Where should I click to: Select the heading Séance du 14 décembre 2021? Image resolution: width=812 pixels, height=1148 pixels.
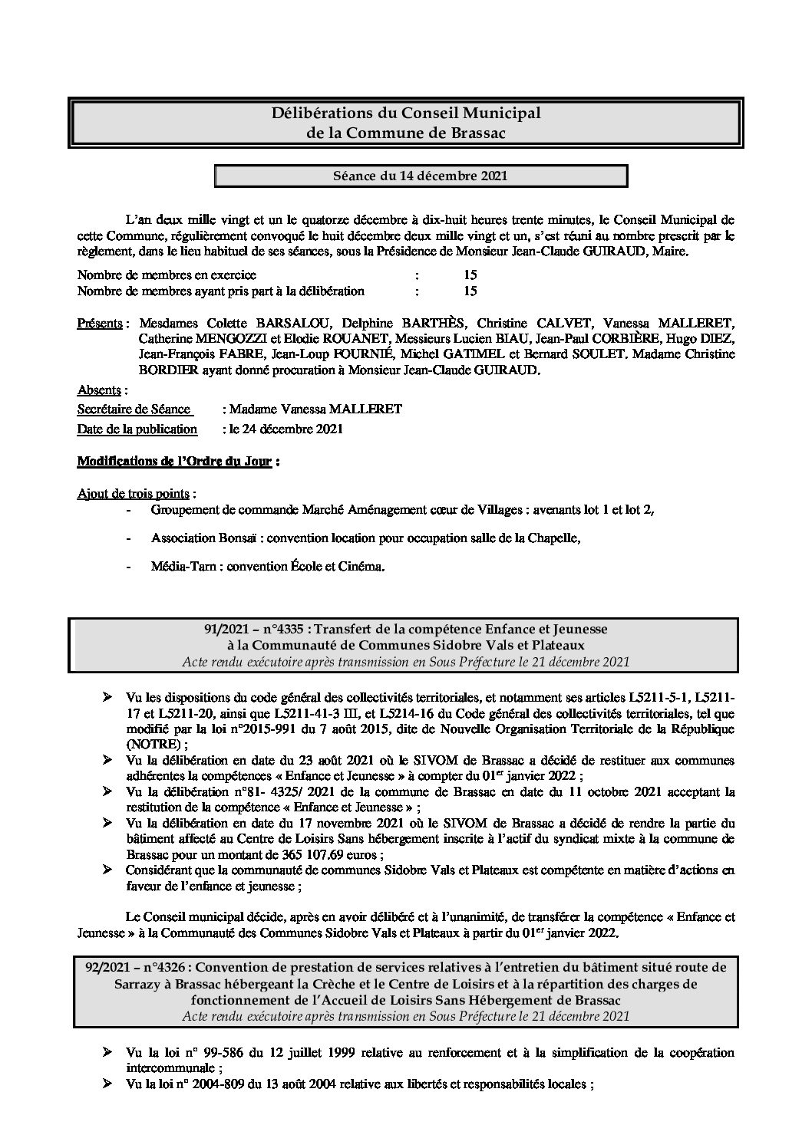click(420, 176)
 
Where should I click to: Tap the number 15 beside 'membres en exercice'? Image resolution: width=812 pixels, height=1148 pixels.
click(470, 275)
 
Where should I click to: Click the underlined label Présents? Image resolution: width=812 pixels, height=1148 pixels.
click(100, 323)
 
